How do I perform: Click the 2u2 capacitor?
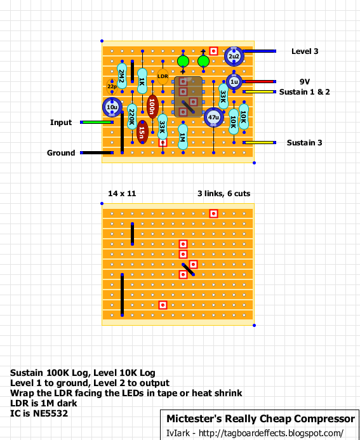pos(234,57)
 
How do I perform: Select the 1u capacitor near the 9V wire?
pos(234,82)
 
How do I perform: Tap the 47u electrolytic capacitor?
pos(214,117)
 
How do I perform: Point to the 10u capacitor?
pos(112,107)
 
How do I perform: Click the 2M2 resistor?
pos(122,76)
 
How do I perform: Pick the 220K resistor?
pos(132,117)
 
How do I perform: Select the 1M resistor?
pos(183,137)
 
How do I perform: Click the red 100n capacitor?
pos(152,107)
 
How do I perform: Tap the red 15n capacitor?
pos(142,132)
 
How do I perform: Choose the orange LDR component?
pos(163,76)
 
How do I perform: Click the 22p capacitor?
pos(112,86)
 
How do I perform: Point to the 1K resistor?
pos(142,81)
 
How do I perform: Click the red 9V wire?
pos(259,82)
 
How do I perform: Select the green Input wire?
pos(97,123)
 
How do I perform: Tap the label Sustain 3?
pos(304,143)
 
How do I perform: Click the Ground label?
pos(61,153)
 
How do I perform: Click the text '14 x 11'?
pos(122,194)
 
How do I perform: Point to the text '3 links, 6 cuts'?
pos(224,194)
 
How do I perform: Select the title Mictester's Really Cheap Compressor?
pos(261,418)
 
